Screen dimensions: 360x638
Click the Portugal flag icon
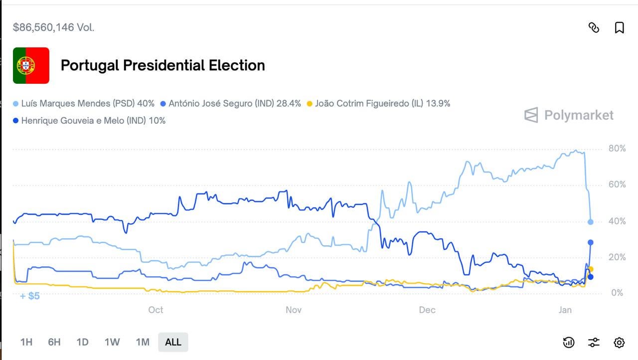(x=31, y=65)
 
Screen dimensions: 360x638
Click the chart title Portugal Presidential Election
(x=162, y=65)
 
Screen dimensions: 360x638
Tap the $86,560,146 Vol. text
(x=53, y=27)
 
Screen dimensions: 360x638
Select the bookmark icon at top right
(x=619, y=27)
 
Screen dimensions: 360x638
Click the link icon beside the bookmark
(x=594, y=27)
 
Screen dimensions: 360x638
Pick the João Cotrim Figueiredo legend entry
(x=378, y=104)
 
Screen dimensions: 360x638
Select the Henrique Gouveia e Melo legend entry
(x=89, y=121)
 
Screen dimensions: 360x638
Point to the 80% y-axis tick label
(x=617, y=149)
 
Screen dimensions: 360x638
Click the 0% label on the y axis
(x=617, y=293)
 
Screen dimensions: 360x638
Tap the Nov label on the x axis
(x=294, y=310)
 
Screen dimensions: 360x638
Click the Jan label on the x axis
(x=565, y=310)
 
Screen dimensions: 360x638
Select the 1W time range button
(x=112, y=342)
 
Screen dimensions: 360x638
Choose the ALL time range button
(x=173, y=342)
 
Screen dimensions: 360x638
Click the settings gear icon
(x=619, y=343)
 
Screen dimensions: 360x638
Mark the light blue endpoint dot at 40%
(x=591, y=222)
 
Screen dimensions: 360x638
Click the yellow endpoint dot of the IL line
(x=591, y=269)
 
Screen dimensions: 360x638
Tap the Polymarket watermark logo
(x=569, y=115)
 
